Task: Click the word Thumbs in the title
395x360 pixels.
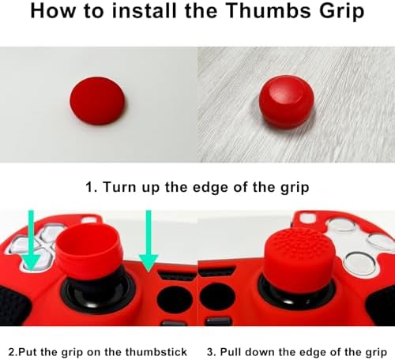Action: pyautogui.click(x=269, y=10)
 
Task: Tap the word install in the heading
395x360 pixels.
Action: pyautogui.click(x=144, y=10)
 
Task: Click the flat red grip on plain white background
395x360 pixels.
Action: pyautogui.click(x=97, y=101)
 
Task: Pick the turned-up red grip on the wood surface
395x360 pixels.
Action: pyautogui.click(x=287, y=102)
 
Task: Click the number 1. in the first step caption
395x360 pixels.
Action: pyautogui.click(x=92, y=187)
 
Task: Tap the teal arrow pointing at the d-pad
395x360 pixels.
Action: pyautogui.click(x=31, y=240)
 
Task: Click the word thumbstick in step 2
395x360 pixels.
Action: pyautogui.click(x=156, y=352)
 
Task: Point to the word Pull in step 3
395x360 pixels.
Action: pyautogui.click(x=231, y=352)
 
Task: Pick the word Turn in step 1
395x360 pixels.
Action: pyautogui.click(x=120, y=187)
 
